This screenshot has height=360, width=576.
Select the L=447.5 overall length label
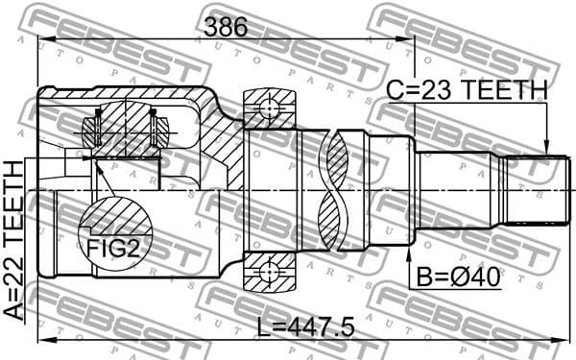pyautogui.click(x=306, y=326)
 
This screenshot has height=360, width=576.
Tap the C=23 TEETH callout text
pyautogui.click(x=466, y=90)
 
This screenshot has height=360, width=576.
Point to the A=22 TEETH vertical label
pyautogui.click(x=13, y=240)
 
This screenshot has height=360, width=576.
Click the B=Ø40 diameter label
pyautogui.click(x=457, y=280)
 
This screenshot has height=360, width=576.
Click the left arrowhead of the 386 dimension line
pyautogui.click(x=44, y=40)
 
